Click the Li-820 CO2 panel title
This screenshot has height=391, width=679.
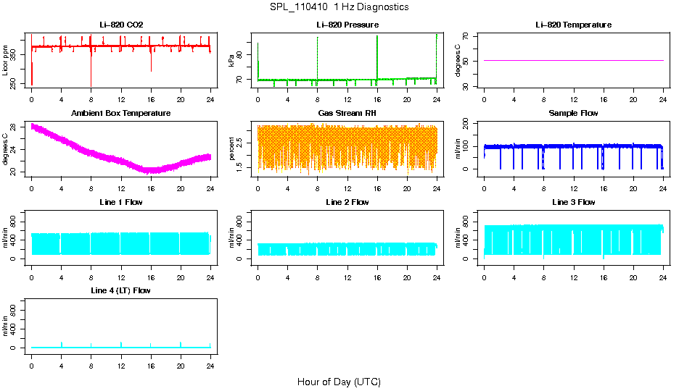121,25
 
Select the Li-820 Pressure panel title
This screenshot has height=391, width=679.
347,25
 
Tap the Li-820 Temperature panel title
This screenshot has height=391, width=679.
573,25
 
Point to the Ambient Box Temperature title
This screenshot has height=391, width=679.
121,114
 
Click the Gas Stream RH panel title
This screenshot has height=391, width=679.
347,114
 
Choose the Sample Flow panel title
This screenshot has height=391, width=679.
573,114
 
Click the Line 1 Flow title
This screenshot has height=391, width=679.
121,202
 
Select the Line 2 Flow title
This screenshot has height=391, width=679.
347,202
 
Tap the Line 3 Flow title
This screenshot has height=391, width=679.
573,202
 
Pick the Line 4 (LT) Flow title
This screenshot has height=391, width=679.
121,290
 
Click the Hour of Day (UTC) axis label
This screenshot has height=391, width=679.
339,382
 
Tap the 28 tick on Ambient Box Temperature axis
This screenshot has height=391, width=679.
15,127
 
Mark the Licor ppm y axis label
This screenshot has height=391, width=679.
6,60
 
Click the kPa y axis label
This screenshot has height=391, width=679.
232,60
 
